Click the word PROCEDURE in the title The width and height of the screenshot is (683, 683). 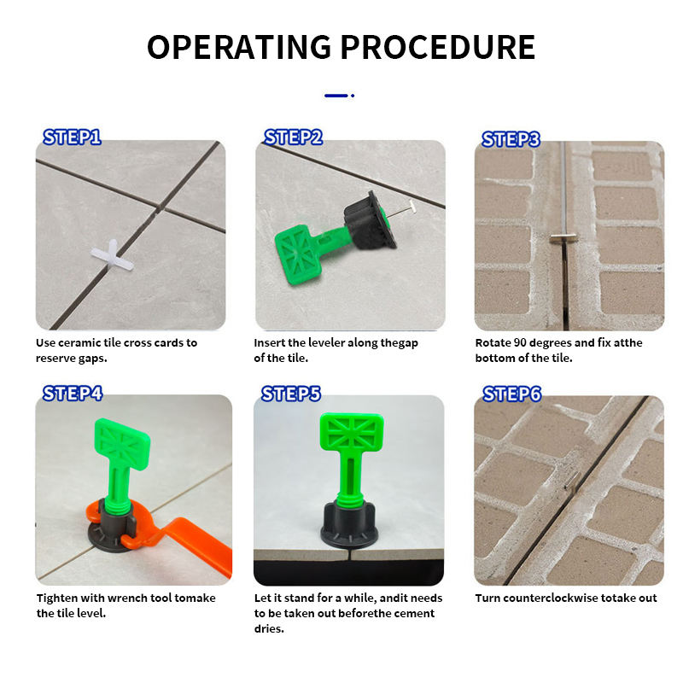click(437, 47)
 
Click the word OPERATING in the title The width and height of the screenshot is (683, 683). click(239, 47)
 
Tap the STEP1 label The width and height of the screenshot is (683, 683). click(72, 137)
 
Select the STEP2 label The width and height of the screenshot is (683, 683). click(293, 137)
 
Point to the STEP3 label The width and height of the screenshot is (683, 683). click(511, 139)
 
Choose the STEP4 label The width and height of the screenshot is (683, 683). click(73, 394)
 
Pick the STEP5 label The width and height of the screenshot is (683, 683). click(291, 394)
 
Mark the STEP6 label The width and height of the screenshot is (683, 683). click(511, 394)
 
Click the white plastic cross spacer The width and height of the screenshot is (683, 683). click(113, 255)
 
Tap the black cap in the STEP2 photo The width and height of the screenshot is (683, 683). click(371, 221)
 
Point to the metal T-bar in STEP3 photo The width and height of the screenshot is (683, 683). click(563, 238)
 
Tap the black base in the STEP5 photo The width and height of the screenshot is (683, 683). click(348, 525)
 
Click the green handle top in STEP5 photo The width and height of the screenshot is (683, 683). click(352, 431)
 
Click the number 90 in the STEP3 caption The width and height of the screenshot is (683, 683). click(520, 343)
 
